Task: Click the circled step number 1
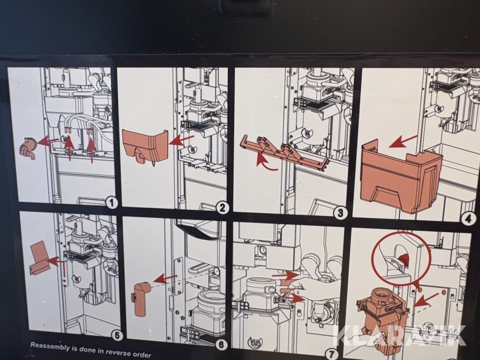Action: [111, 203]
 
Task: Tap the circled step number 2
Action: [222, 208]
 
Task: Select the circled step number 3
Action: [340, 213]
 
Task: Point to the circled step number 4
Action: [469, 219]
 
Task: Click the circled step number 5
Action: [117, 335]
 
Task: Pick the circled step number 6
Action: [221, 345]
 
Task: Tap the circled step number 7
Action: [331, 355]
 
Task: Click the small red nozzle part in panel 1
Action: [28, 148]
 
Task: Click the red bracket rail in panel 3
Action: [285, 152]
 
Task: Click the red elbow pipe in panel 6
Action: [140, 299]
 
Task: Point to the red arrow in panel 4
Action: [403, 141]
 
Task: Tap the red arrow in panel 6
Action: [165, 278]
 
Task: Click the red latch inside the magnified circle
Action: [404, 259]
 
